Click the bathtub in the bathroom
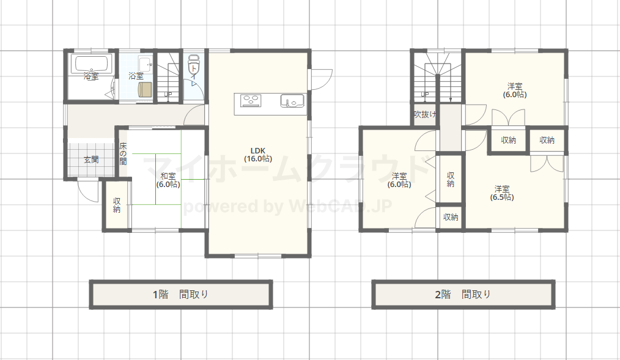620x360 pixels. click(91, 64)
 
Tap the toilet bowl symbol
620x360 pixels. click(194, 62)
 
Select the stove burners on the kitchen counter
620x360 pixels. click(251, 100)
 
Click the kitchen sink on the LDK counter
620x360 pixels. click(292, 101)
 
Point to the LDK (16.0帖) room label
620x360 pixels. click(258, 155)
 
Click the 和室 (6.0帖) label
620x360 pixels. click(168, 180)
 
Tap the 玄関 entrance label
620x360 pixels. click(91, 160)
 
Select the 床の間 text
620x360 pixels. click(123, 154)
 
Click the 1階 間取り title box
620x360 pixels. click(181, 295)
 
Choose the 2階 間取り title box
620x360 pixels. click(463, 295)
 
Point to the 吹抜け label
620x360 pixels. click(425, 114)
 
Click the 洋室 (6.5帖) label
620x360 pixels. click(502, 193)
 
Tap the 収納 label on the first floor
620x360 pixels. click(117, 205)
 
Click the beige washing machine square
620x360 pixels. click(145, 89)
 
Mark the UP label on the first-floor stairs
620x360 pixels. click(168, 95)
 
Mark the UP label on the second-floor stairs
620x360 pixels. click(425, 95)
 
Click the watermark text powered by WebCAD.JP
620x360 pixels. click(288, 207)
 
